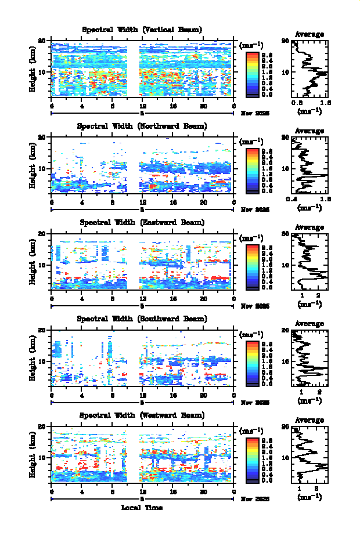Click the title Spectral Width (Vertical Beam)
pos(142,30)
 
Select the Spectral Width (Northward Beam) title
pos(142,126)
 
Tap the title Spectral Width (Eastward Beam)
pos(142,222)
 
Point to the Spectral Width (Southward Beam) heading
pos(142,319)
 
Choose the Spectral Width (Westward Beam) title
pos(142,415)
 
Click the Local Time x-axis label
pos(142,508)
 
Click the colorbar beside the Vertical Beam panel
pos(252,73)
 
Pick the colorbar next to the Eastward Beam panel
pos(252,266)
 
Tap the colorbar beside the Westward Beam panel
pos(252,459)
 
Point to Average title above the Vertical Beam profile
pos(309,34)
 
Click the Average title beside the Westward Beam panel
pos(309,421)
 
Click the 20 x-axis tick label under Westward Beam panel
pos(203,493)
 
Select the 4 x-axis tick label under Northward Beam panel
pos(82,202)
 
